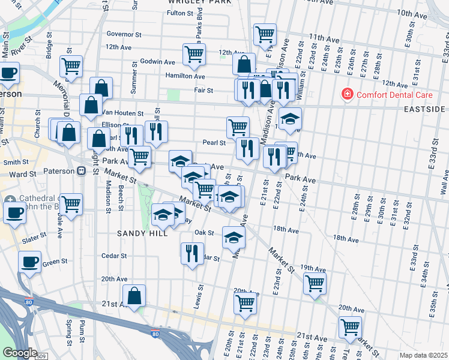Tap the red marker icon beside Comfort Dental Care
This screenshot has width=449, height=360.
346,94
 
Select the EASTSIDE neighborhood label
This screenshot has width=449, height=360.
423,109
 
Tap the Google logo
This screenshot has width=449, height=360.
20,353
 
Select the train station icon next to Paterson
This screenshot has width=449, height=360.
81,170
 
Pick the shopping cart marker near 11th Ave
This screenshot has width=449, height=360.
265,35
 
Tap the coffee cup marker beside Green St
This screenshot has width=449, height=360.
29,262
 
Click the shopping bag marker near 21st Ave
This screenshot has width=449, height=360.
134,296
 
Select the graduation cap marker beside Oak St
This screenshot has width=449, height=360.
234,238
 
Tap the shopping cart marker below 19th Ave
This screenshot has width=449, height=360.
315,283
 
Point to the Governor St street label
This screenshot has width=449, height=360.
123,34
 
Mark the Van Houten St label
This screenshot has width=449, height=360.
122,113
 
